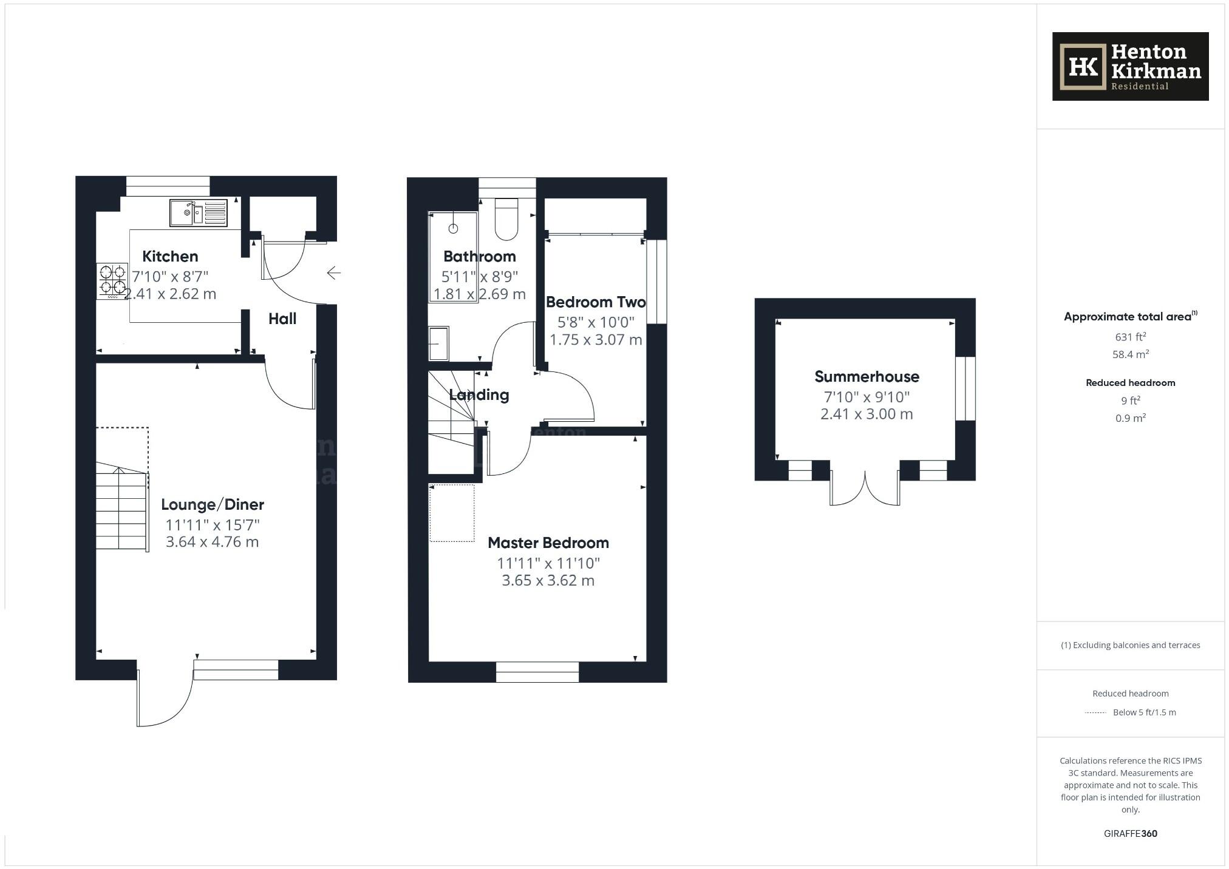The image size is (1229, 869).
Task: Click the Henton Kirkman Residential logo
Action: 1130,66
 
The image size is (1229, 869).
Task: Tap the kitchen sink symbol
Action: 198,213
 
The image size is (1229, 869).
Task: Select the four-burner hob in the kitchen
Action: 112,280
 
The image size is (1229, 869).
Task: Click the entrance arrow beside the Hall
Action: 333,273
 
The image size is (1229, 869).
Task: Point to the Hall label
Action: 282,319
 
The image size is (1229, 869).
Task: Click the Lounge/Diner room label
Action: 213,504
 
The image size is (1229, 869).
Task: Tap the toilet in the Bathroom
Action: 506,220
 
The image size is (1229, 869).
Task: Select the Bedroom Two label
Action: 595,302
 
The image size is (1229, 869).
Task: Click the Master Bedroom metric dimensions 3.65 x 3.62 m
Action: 548,580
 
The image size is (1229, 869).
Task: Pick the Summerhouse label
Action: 866,376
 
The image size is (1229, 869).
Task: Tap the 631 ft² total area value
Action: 1130,337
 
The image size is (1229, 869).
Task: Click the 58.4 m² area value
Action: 1130,354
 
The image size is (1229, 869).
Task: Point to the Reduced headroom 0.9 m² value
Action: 1130,418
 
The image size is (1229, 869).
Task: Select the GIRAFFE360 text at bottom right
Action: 1130,833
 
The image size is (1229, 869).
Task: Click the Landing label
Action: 479,394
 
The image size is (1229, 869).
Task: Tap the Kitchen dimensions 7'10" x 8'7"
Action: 170,277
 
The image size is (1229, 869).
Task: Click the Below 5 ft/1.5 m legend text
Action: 1144,712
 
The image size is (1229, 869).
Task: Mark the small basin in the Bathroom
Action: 438,343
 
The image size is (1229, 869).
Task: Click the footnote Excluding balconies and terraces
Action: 1130,645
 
